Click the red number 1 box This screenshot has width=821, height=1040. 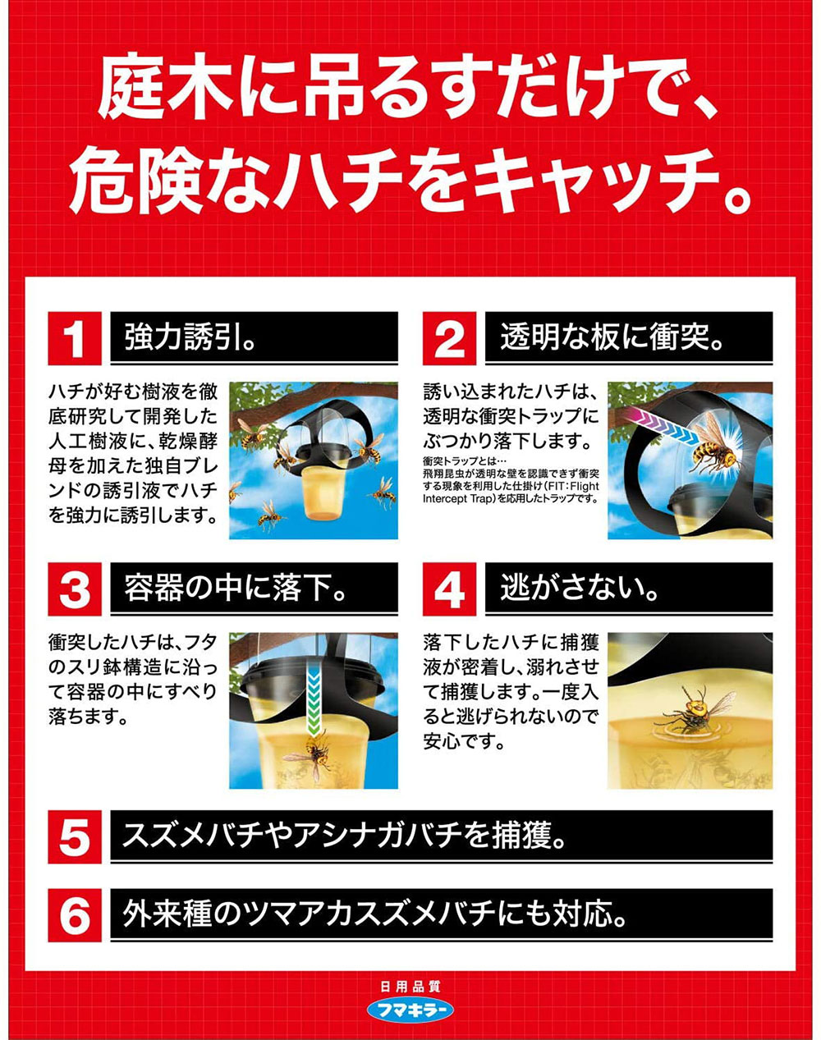tap(75, 338)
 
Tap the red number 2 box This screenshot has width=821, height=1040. tap(449, 338)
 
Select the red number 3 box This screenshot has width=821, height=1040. tap(75, 589)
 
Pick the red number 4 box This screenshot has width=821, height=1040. tap(449, 589)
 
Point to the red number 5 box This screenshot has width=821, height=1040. tap(75, 837)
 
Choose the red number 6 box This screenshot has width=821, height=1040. tap(75, 914)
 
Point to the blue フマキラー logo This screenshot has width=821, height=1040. tap(410, 1010)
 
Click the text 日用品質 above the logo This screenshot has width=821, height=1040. tap(410, 987)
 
